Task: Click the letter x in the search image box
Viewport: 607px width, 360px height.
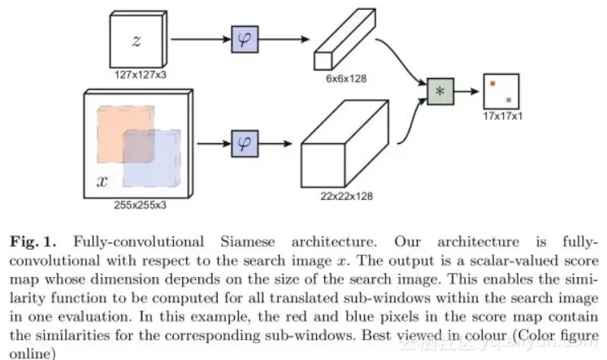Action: [x=102, y=180]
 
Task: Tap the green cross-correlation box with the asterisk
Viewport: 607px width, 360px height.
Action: [x=440, y=91]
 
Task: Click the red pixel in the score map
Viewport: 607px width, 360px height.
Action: [x=492, y=82]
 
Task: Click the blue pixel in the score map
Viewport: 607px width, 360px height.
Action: [x=509, y=100]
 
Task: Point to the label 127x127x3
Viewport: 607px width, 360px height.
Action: [x=137, y=74]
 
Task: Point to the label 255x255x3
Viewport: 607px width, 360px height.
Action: [x=137, y=206]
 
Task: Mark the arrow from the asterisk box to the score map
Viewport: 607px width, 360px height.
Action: [x=466, y=91]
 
